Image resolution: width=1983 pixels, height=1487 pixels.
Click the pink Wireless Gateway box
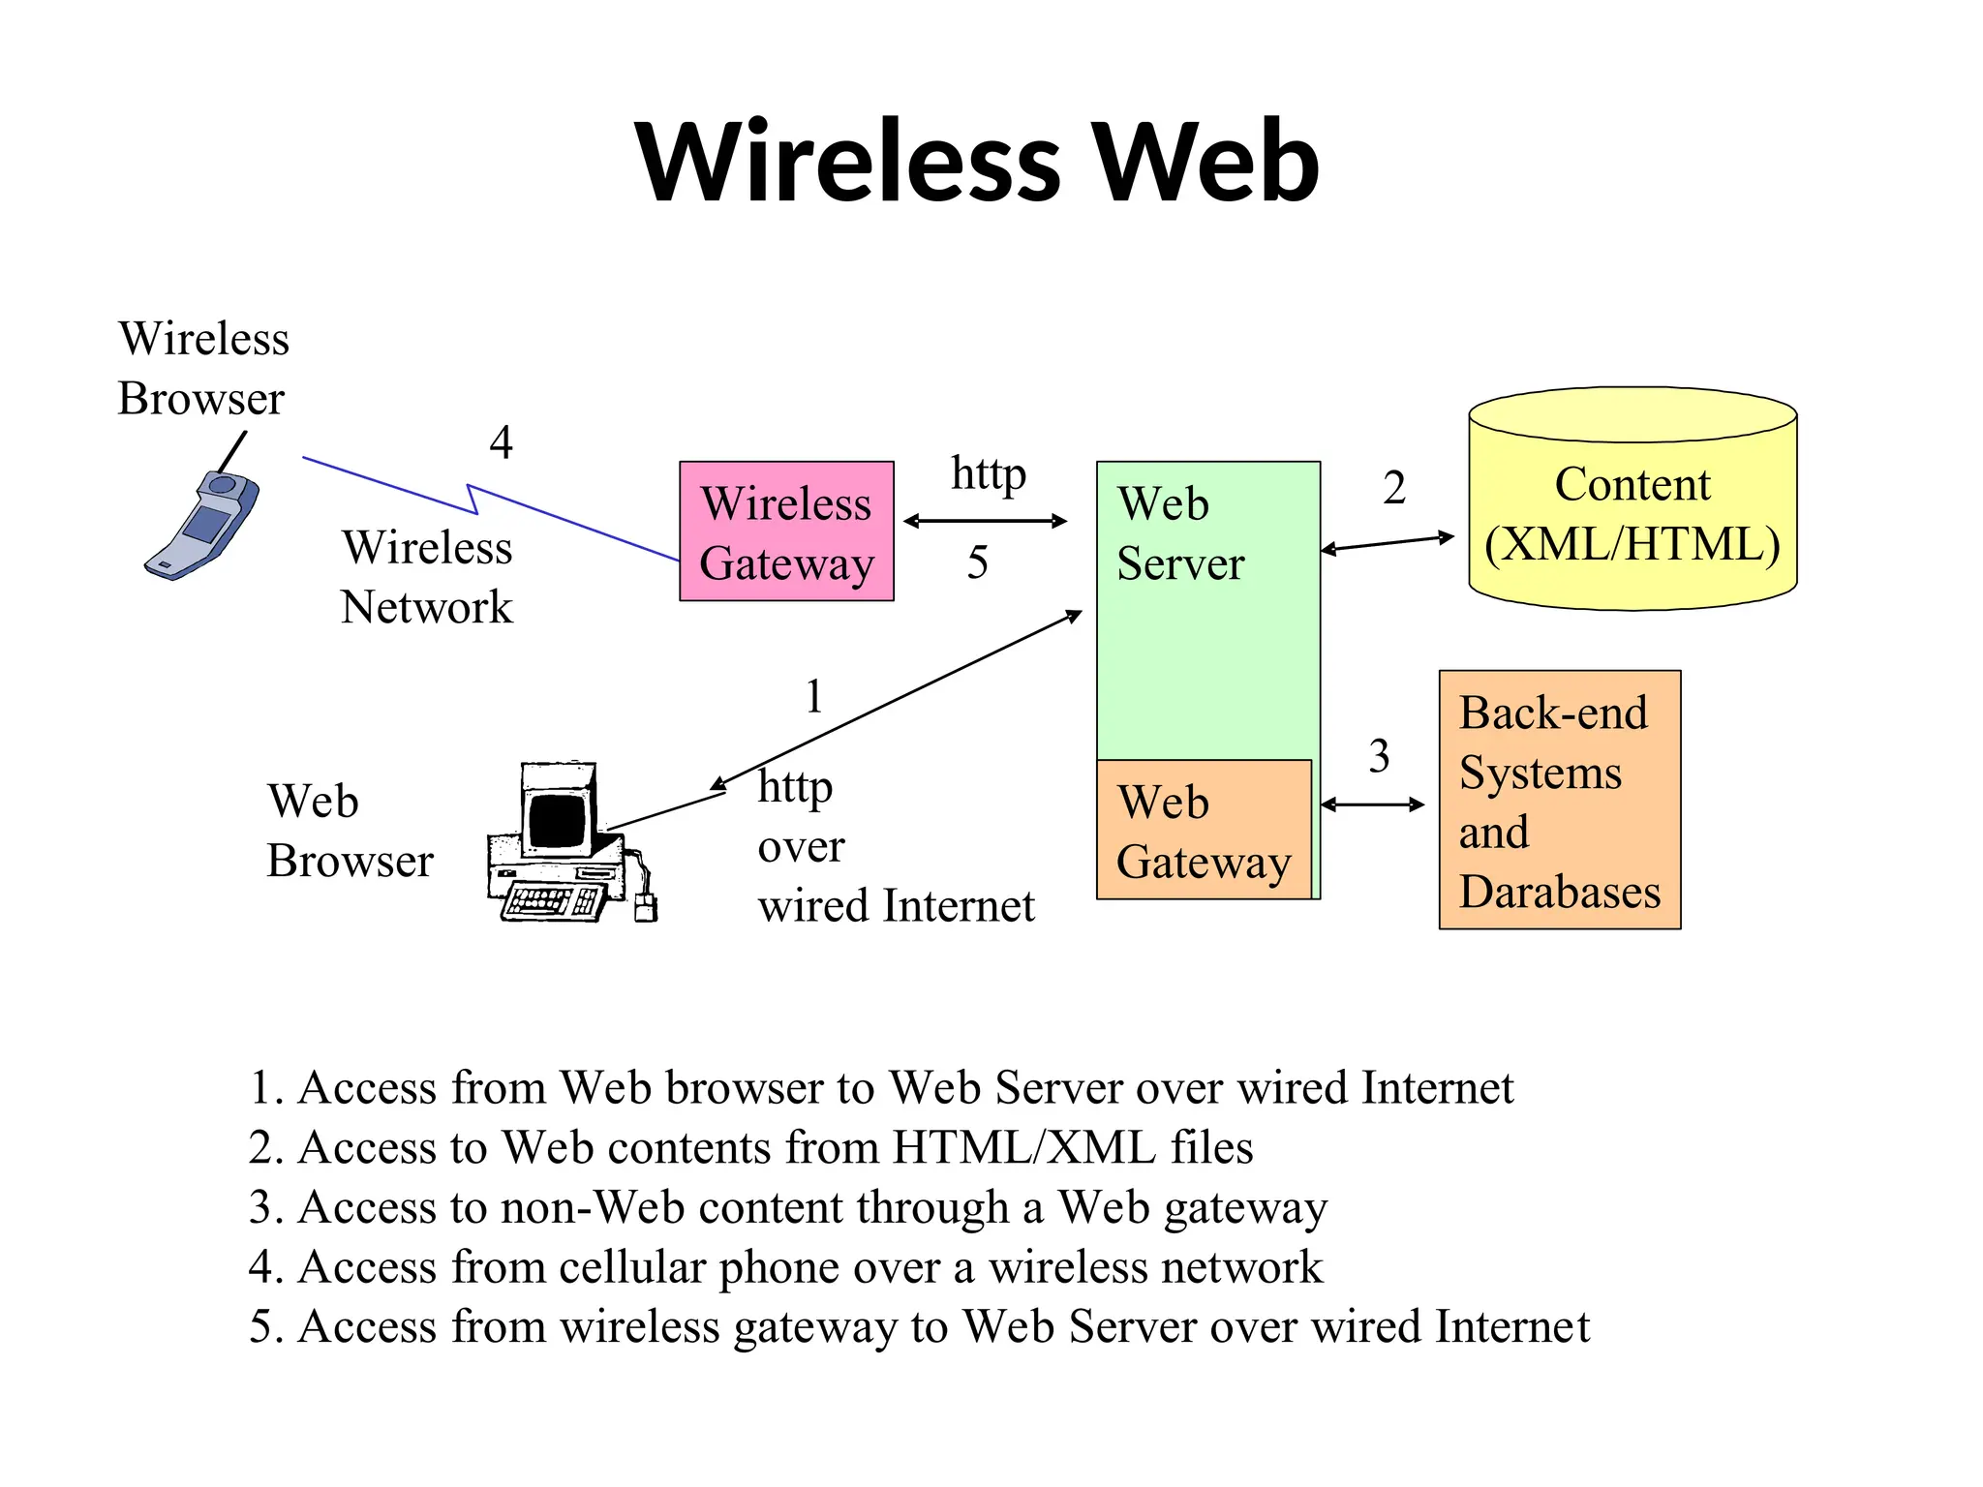[x=786, y=531]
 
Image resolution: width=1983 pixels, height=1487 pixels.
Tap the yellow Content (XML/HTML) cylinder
[x=1632, y=513]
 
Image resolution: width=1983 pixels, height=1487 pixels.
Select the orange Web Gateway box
[x=1203, y=831]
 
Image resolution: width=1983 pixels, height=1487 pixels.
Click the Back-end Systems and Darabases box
[x=1559, y=800]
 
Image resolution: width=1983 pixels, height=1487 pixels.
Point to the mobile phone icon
[x=203, y=523]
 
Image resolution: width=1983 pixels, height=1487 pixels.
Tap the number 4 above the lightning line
[x=501, y=442]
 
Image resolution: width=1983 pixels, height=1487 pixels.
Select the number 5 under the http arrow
[x=977, y=562]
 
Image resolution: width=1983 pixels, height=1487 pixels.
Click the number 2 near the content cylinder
[x=1393, y=487]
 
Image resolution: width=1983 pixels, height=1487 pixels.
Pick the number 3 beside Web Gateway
[x=1379, y=756]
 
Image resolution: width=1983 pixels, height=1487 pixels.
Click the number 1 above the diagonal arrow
[x=814, y=696]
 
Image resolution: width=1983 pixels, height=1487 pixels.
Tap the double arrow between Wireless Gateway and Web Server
[x=985, y=521]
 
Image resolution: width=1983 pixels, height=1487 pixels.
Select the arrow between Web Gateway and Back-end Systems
[x=1372, y=804]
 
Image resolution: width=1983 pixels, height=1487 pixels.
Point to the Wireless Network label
[x=427, y=577]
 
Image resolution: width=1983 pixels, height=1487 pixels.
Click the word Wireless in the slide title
[x=848, y=162]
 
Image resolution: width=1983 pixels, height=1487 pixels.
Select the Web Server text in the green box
[x=1179, y=533]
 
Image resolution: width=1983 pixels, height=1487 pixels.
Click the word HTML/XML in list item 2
[x=1023, y=1147]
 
